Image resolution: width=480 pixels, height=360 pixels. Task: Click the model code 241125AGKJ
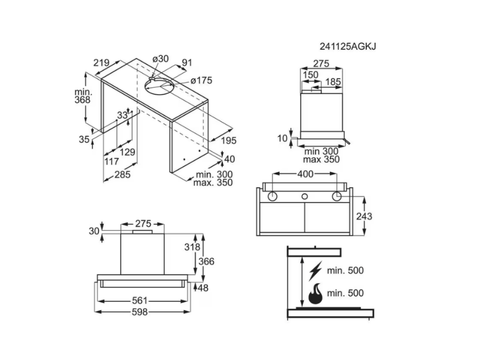[x=348, y=46]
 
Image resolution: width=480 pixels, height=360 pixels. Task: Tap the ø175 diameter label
[x=201, y=81]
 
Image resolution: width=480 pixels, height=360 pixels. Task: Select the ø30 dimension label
[x=160, y=59]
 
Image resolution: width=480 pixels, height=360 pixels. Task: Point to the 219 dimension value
[x=101, y=63]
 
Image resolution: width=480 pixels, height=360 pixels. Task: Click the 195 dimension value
[x=229, y=141]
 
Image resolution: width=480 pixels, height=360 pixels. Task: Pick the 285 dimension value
[x=122, y=174]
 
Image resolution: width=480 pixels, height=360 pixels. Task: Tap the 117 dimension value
[x=112, y=161]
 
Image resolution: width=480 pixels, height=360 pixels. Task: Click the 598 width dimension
[x=140, y=312]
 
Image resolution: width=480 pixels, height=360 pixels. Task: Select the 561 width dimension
[x=140, y=301]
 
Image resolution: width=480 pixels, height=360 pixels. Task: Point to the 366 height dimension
[x=206, y=262]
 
